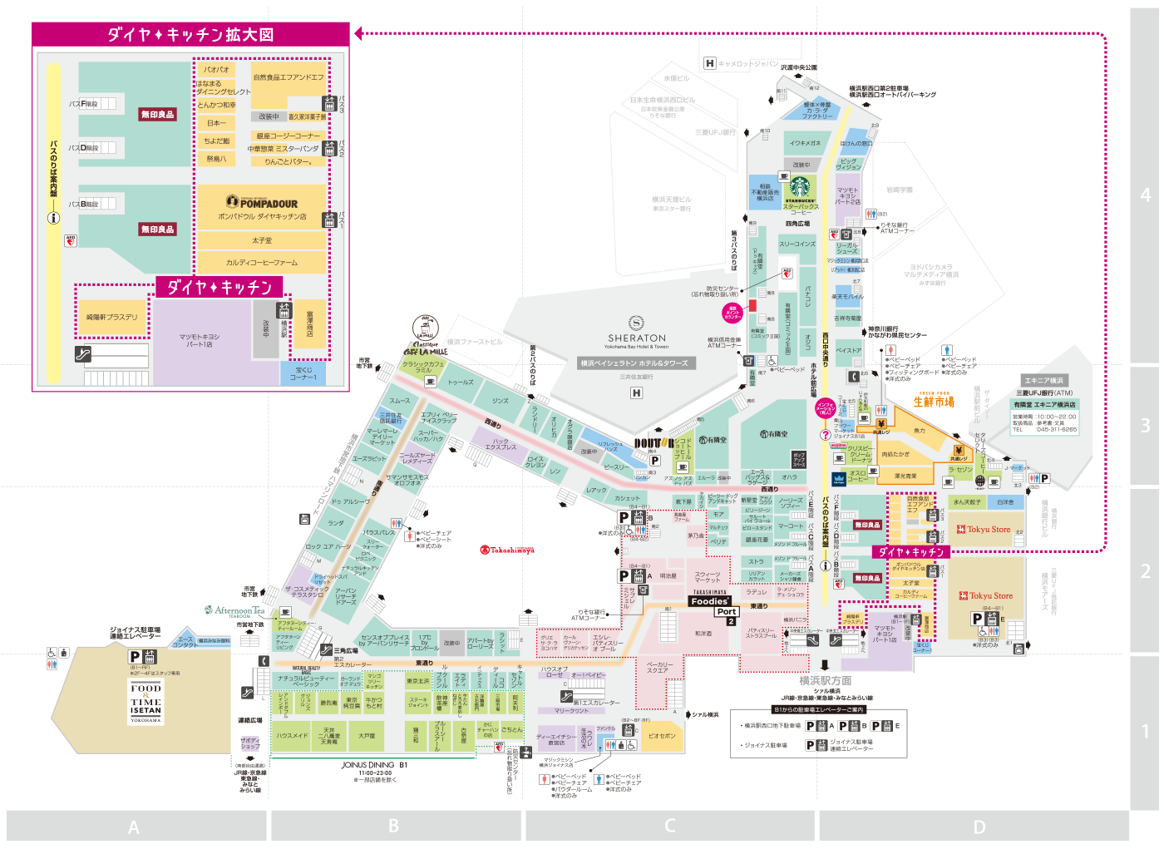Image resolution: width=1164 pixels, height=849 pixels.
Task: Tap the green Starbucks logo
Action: point(800,186)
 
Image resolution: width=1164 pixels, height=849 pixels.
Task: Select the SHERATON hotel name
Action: point(637,338)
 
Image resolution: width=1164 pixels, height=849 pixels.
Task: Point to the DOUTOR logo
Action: point(654,443)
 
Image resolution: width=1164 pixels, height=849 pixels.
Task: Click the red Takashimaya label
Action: point(507,550)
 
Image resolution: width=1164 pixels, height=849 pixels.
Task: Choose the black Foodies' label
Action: point(710,601)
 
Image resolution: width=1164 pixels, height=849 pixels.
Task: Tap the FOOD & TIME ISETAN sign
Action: point(145,702)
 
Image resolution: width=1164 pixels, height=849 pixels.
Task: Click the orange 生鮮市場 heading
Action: point(934,402)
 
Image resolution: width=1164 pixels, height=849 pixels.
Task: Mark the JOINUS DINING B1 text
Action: point(374,765)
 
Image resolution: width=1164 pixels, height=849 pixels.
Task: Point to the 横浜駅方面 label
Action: point(825,680)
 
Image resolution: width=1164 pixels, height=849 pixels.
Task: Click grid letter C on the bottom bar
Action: point(669,826)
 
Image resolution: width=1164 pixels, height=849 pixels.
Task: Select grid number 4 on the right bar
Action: point(1145,195)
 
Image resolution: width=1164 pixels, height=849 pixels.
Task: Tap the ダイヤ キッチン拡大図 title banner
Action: point(190,34)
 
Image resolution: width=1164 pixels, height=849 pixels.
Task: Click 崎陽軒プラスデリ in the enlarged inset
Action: point(111,317)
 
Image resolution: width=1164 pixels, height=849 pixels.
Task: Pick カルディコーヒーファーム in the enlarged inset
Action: point(261,263)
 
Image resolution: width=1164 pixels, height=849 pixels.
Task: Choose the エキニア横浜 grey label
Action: point(1044,380)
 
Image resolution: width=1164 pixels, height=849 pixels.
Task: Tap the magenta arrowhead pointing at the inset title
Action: point(358,33)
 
